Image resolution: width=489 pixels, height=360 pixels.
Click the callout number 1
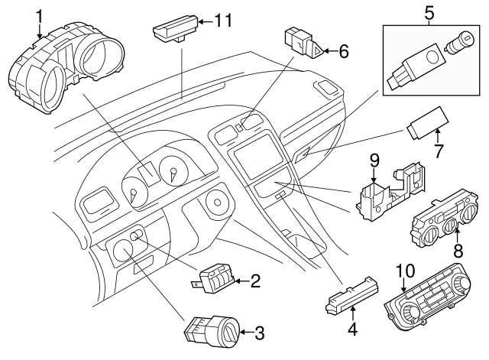point(39,15)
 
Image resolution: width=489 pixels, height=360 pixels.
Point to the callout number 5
point(429,12)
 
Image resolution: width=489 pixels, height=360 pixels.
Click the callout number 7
point(439,151)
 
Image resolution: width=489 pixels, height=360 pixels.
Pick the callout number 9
point(374,161)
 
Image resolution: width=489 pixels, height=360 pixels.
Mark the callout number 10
point(404,270)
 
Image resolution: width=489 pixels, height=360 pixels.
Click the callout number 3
point(259,332)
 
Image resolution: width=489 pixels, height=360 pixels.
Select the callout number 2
point(255,282)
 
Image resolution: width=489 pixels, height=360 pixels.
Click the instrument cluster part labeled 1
point(65,73)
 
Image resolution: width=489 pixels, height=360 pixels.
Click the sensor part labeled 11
point(173,31)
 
